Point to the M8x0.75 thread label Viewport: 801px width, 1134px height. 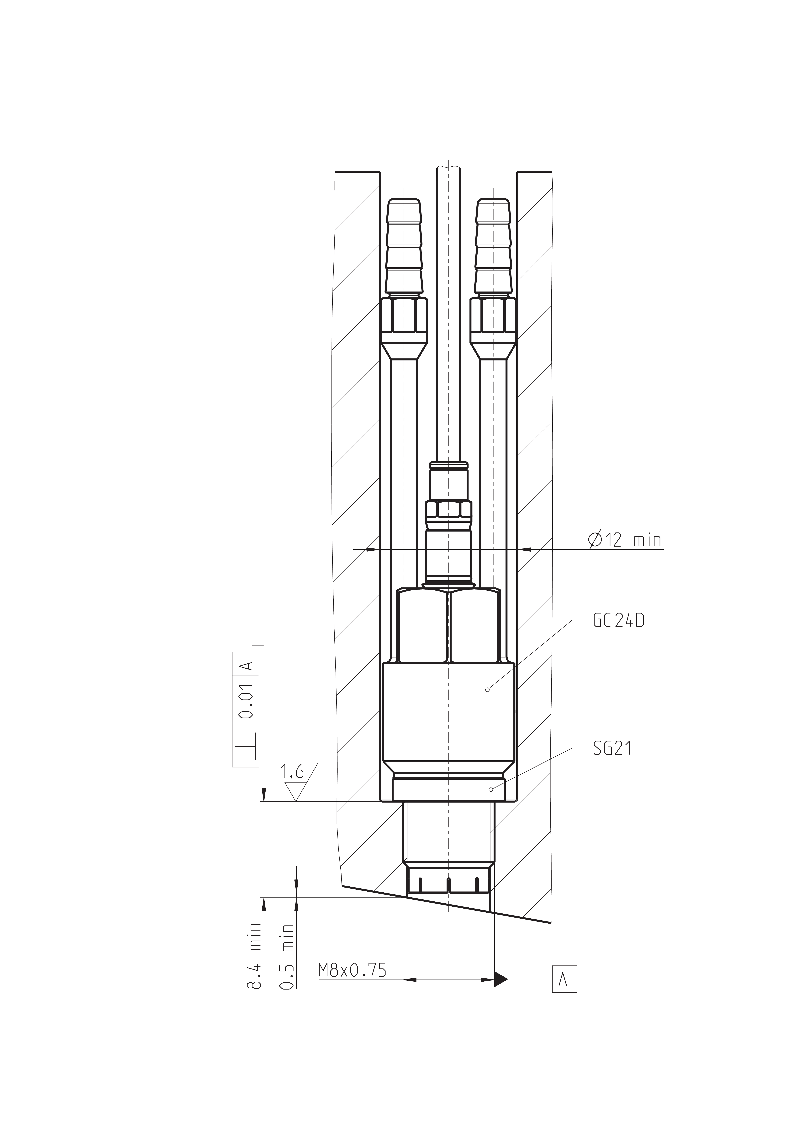tap(352, 970)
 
